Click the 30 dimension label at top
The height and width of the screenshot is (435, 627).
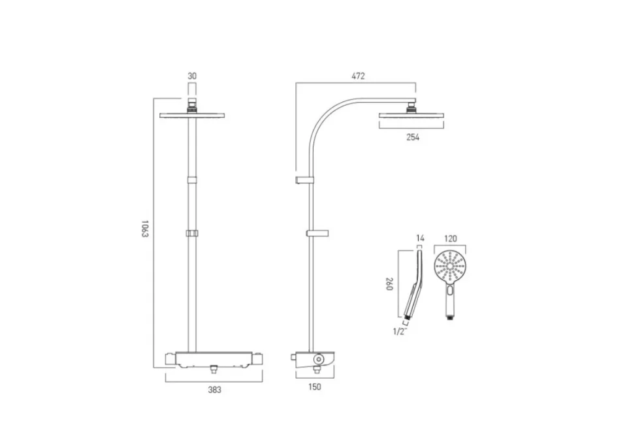tap(192, 76)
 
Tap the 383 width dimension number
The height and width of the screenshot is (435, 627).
tap(214, 390)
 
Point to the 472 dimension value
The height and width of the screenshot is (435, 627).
tap(358, 76)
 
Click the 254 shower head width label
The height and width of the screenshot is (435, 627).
tap(412, 137)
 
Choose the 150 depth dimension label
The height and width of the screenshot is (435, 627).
tap(315, 387)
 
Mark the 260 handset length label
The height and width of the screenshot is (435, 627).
tap(389, 283)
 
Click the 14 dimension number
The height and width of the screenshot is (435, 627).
tap(420, 238)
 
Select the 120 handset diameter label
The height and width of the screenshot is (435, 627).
tap(451, 238)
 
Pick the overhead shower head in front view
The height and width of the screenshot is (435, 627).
tap(192, 116)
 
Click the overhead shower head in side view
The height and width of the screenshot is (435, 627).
tap(412, 116)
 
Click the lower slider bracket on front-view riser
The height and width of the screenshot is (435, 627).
tap(192, 233)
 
